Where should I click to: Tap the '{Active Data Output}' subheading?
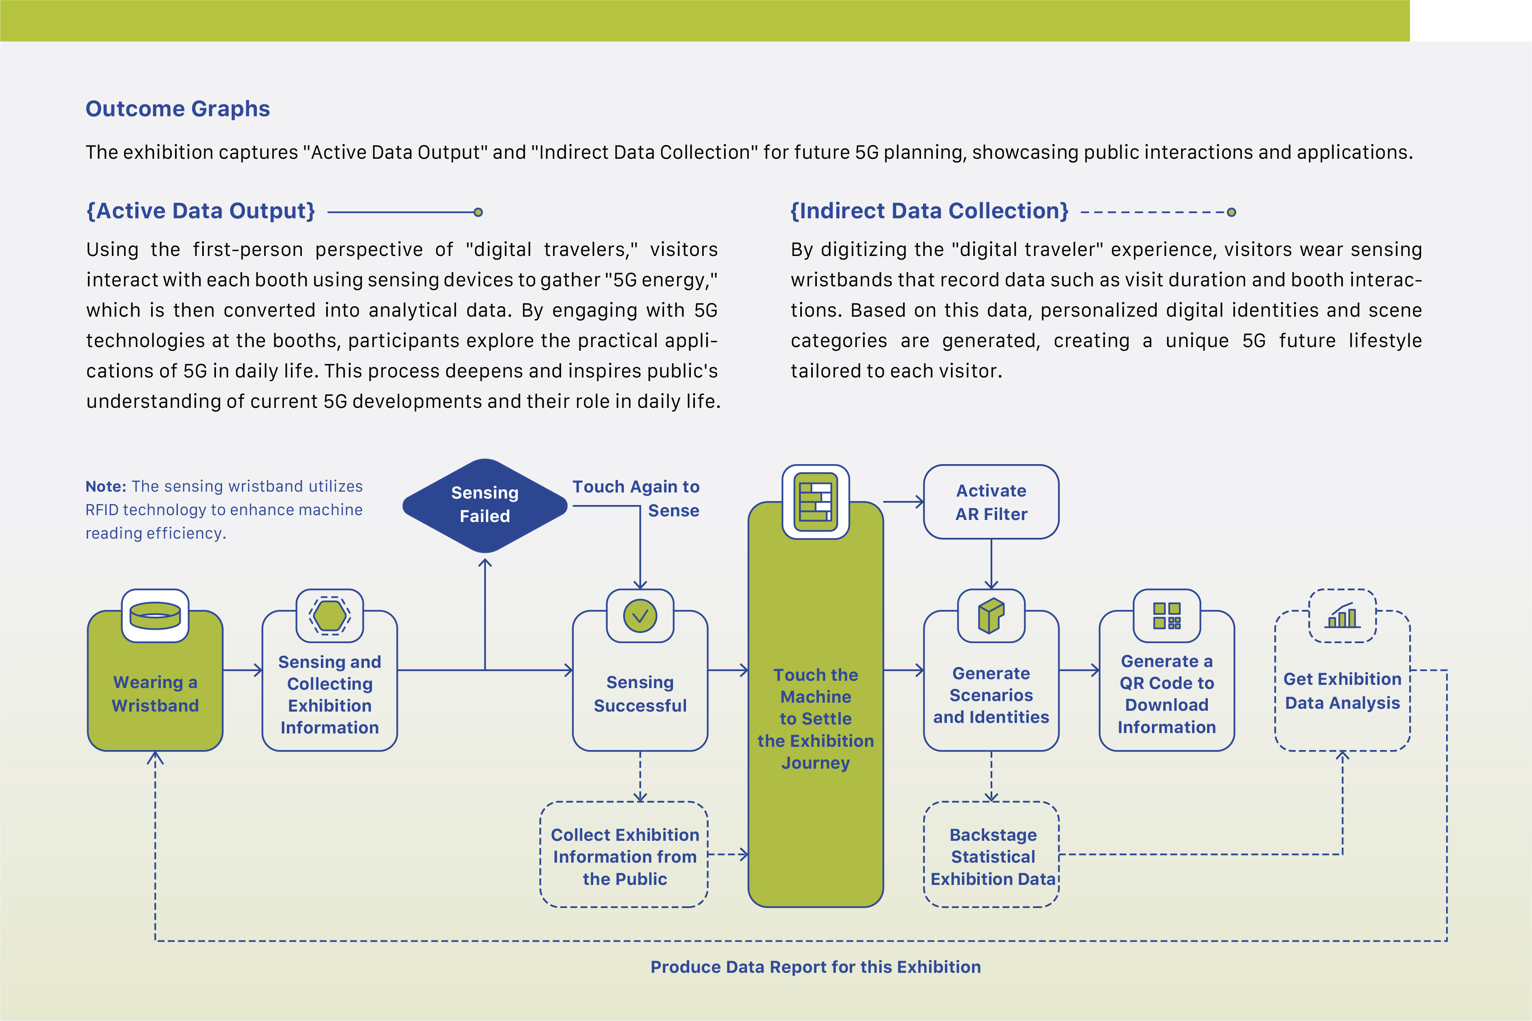(x=201, y=211)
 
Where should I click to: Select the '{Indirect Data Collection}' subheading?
(x=929, y=211)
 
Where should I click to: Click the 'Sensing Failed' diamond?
(x=485, y=505)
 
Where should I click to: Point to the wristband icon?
(x=155, y=615)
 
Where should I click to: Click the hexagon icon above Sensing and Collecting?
(x=329, y=615)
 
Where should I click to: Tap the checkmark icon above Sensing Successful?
(x=640, y=615)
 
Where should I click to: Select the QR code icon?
(x=1167, y=615)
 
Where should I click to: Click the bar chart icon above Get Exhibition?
(x=1342, y=615)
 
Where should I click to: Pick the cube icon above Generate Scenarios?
(x=991, y=615)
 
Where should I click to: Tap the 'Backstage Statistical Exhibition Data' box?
(x=991, y=854)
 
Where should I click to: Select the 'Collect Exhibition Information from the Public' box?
(x=624, y=854)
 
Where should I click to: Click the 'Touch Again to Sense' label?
(x=636, y=498)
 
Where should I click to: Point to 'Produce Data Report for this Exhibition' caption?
(x=816, y=967)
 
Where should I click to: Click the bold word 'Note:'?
(x=105, y=486)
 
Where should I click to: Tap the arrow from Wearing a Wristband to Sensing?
(x=242, y=670)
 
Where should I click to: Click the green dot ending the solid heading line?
(x=478, y=212)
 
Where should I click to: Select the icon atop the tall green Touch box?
(x=816, y=501)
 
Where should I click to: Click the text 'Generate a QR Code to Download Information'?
(x=1167, y=694)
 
